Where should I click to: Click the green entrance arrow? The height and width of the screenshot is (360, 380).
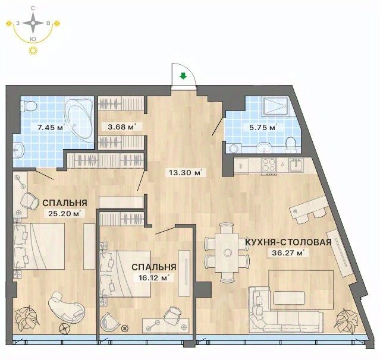tap(183, 76)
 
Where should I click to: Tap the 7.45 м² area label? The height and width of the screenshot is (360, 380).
tap(51, 127)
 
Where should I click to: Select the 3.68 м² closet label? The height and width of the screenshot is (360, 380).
tap(121, 127)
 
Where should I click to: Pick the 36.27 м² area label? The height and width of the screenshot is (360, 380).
tap(287, 253)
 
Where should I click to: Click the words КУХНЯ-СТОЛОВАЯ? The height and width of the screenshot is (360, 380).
tap(288, 242)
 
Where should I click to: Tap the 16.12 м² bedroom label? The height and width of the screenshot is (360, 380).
tap(154, 277)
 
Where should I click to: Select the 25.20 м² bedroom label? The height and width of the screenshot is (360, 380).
tap(64, 214)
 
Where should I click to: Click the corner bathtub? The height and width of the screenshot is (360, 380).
tap(79, 119)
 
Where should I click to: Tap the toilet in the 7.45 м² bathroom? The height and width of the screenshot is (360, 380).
tap(29, 106)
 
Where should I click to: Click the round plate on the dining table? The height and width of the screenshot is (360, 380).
tap(227, 252)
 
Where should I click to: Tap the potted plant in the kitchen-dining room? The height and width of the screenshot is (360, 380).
tap(346, 321)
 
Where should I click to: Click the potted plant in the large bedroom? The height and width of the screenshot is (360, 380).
tap(26, 318)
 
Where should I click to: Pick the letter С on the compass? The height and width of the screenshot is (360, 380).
tap(33, 8)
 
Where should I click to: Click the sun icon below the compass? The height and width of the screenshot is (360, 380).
tap(33, 50)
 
